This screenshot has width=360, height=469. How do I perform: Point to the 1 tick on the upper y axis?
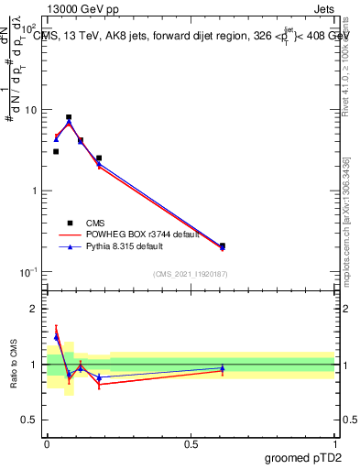coord(36,191)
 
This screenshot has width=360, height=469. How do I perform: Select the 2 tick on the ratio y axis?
coord(36,309)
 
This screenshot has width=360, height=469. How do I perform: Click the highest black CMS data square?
coord(69,117)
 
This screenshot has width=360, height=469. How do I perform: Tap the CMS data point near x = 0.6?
coord(223,245)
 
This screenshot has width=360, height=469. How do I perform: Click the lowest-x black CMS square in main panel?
coord(56,151)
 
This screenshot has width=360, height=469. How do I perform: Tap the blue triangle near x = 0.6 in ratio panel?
coord(223,368)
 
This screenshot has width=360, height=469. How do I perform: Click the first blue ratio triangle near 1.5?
coord(56,337)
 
